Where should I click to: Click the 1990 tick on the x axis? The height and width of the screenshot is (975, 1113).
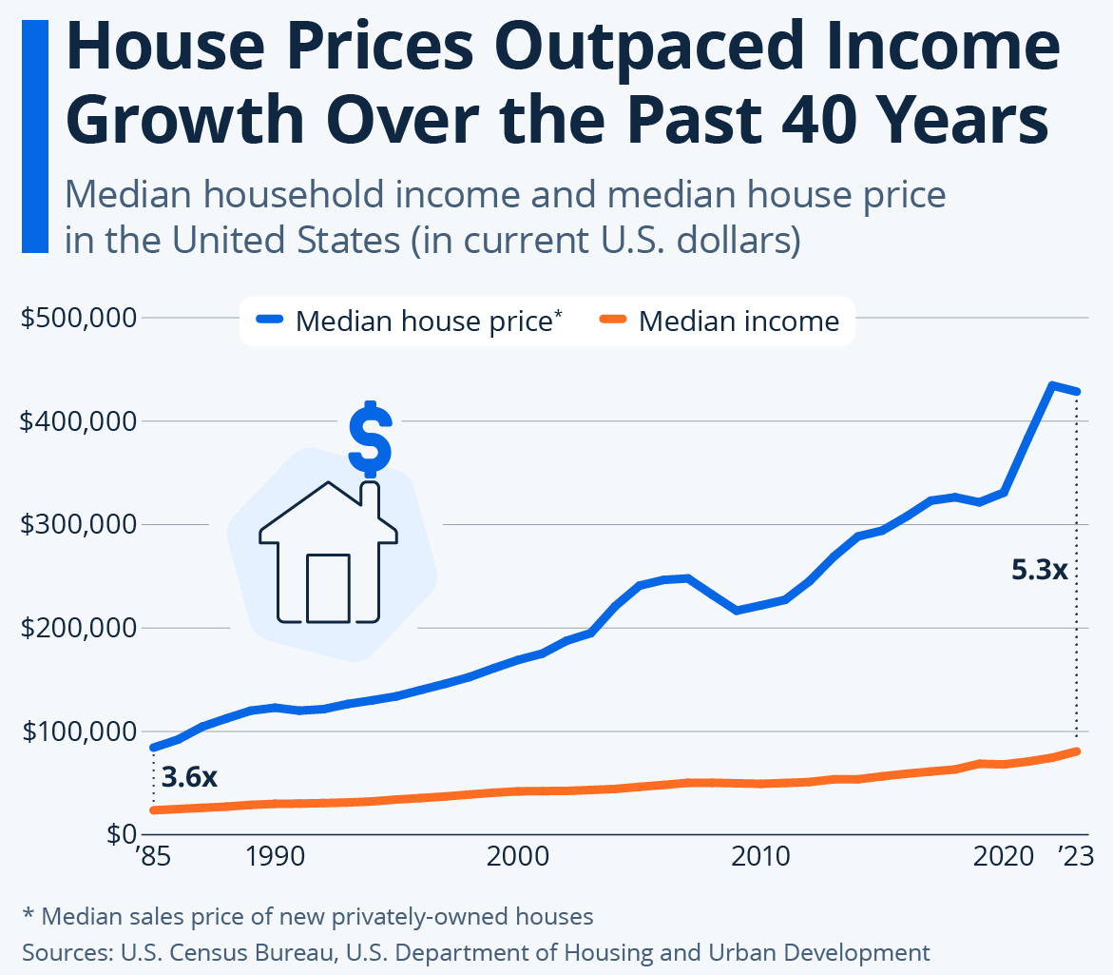click(x=276, y=857)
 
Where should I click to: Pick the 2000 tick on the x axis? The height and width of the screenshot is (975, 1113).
click(x=519, y=857)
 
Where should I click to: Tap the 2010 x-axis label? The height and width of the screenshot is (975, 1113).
click(x=761, y=857)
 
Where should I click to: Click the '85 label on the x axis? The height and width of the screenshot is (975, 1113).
click(x=152, y=857)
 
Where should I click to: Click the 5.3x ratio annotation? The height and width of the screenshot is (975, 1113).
click(x=1040, y=571)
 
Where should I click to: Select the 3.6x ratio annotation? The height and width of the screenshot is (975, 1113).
click(x=190, y=777)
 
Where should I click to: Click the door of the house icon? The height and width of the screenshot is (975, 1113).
click(x=328, y=587)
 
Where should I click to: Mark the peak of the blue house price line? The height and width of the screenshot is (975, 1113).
click(x=1052, y=385)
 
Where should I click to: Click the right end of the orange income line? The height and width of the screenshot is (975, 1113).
click(x=1077, y=751)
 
